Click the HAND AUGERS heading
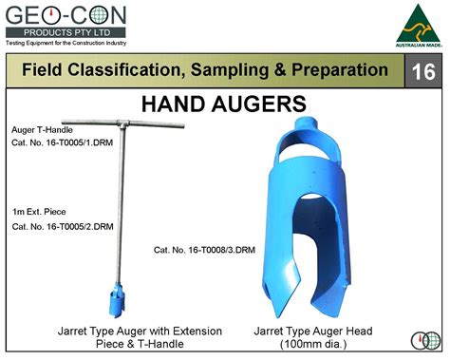click(224, 103)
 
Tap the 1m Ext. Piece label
click(38, 210)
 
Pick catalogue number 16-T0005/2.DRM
click(63, 227)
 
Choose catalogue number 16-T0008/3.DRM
click(204, 250)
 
